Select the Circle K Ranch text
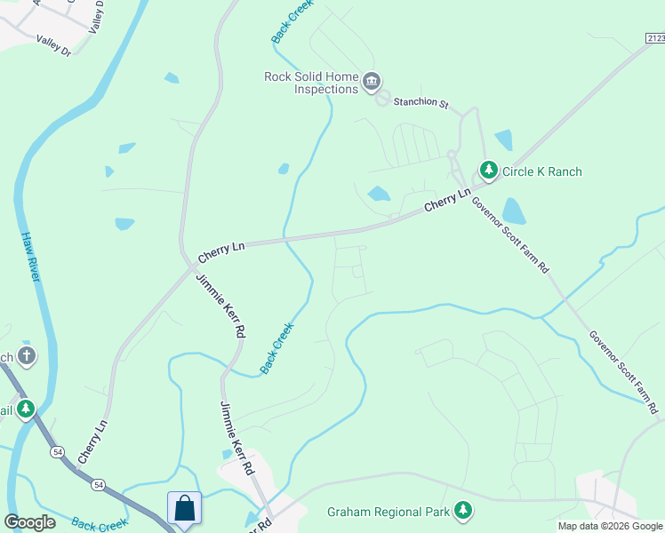click(x=542, y=171)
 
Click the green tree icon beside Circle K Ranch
click(x=488, y=169)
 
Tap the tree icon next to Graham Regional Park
click(x=462, y=510)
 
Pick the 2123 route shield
click(x=655, y=37)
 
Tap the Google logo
click(x=30, y=522)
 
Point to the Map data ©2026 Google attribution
click(x=610, y=526)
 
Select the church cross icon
click(x=26, y=356)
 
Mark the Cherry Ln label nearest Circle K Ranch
click(x=447, y=199)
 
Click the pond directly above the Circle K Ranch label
click(x=504, y=140)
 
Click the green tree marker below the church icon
click(x=27, y=409)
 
